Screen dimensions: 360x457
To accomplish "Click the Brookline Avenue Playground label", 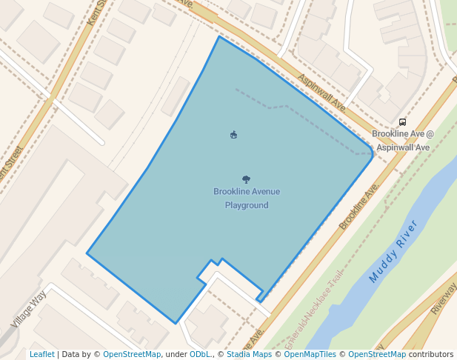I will pyautogui.click(x=247, y=199).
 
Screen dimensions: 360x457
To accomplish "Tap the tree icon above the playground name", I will pyautogui.click(x=246, y=179).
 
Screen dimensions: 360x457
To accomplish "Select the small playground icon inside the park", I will pyautogui.click(x=234, y=134).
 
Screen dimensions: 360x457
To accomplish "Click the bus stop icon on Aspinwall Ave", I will pyautogui.click(x=402, y=122).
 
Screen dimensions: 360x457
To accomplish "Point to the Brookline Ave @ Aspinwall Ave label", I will pyautogui.click(x=403, y=141).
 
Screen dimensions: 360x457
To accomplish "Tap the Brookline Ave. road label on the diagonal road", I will pyautogui.click(x=359, y=206).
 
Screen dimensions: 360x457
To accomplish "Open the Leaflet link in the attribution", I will pyautogui.click(x=41, y=354).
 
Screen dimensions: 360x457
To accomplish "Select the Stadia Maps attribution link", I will pyautogui.click(x=249, y=354).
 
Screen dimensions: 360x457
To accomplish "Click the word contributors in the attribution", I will pyautogui.click(x=430, y=354).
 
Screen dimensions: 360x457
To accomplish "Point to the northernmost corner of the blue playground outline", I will pyautogui.click(x=219, y=36).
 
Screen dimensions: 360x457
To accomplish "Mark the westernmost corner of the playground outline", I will pyautogui.click(x=87, y=253).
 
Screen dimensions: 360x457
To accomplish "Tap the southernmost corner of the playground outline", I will pyautogui.click(x=176, y=323).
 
